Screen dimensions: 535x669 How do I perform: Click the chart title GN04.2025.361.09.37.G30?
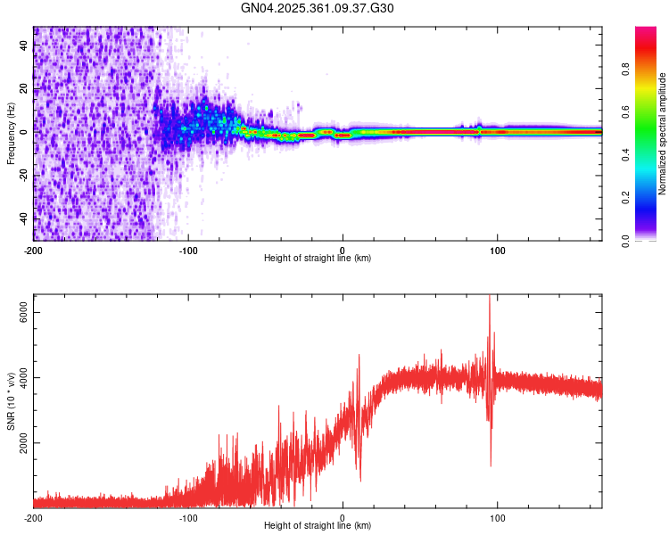click(318, 9)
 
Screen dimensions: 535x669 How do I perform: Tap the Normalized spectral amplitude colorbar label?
click(662, 134)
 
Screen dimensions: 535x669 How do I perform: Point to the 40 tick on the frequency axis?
click(23, 45)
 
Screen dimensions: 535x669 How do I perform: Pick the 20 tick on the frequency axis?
click(23, 89)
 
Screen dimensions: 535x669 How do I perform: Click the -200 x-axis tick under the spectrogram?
click(33, 251)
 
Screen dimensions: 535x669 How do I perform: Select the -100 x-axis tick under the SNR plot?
click(188, 518)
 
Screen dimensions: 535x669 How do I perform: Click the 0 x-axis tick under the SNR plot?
click(343, 518)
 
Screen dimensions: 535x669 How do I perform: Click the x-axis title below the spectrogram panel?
click(318, 259)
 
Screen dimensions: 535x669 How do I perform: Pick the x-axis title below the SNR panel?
click(318, 526)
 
